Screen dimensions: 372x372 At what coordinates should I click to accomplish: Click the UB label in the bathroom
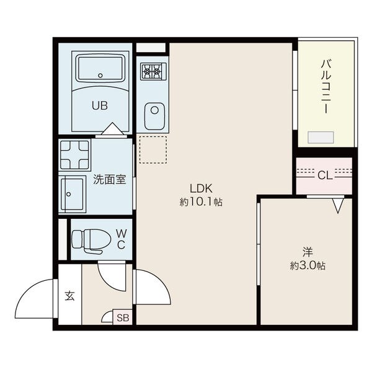tap(100, 105)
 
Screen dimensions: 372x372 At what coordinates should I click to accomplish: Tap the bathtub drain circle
tap(100, 76)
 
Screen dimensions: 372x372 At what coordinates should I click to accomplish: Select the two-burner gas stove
tap(153, 71)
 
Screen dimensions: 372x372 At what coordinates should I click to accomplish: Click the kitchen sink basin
tap(154, 117)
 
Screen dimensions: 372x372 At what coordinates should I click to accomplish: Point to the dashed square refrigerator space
tap(153, 149)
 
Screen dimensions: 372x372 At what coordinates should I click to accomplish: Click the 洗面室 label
tap(109, 180)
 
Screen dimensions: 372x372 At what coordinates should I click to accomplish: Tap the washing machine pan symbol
tap(74, 155)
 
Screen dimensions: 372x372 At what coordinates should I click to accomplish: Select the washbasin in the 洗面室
tap(72, 194)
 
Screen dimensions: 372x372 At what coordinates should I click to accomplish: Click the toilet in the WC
tap(91, 239)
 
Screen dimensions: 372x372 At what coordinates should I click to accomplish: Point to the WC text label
tap(122, 239)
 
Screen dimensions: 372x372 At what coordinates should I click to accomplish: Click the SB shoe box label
tap(123, 317)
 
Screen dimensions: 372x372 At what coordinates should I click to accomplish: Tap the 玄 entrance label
tap(69, 296)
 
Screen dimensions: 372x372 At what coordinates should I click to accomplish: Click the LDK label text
tap(201, 188)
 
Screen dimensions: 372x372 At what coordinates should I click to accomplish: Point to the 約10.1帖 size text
tap(201, 202)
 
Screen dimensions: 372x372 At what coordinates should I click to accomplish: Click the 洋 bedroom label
tap(308, 252)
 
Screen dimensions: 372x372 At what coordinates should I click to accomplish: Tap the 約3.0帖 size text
tap(308, 266)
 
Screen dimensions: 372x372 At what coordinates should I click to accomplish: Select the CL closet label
tap(324, 176)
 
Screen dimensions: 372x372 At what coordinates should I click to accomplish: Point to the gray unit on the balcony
tap(321, 138)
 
